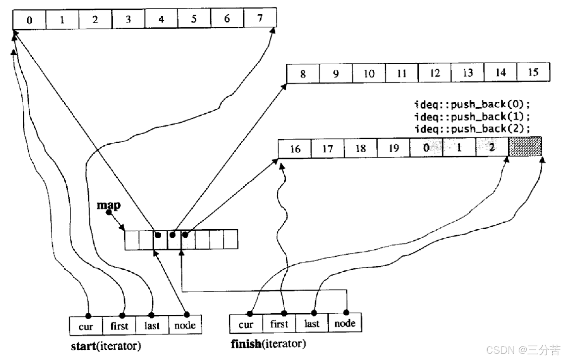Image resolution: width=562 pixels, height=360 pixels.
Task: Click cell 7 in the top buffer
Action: click(x=260, y=18)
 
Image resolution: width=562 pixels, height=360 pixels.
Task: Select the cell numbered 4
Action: click(x=161, y=19)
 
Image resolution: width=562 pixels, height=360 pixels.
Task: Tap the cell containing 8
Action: click(x=303, y=73)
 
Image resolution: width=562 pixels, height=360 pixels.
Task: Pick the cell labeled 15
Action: click(x=533, y=72)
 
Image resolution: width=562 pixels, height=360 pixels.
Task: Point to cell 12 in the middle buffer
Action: click(x=435, y=73)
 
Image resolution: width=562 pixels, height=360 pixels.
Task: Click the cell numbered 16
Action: click(x=295, y=149)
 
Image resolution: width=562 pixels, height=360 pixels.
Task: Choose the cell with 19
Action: click(x=394, y=148)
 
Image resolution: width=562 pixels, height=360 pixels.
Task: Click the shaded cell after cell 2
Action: click(x=525, y=147)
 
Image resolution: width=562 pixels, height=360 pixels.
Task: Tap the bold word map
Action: click(x=108, y=205)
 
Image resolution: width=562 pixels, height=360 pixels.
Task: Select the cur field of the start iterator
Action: click(x=86, y=326)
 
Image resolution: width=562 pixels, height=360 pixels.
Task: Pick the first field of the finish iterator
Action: click(x=279, y=324)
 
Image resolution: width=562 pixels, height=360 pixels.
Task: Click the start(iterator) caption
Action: click(x=105, y=346)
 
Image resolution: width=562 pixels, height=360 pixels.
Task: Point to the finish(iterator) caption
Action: click(x=268, y=343)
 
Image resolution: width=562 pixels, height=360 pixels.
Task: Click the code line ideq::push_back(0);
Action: click(x=471, y=104)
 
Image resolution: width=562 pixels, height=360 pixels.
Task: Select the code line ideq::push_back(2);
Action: click(x=471, y=129)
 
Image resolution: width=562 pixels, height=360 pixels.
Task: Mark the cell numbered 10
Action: click(x=369, y=73)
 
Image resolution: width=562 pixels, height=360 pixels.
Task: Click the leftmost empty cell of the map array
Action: click(x=132, y=240)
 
